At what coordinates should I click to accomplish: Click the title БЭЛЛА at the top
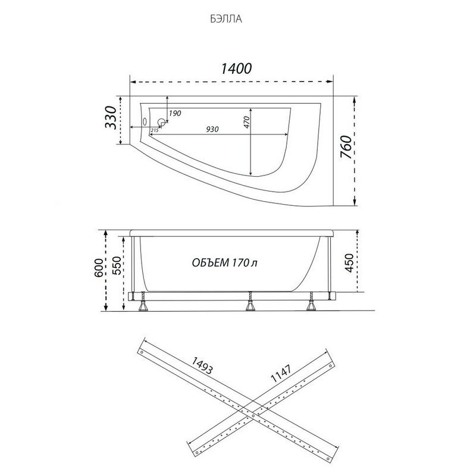(226, 19)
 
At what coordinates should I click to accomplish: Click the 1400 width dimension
(236, 68)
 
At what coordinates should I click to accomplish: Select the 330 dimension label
(111, 117)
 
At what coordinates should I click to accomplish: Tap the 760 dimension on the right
(346, 147)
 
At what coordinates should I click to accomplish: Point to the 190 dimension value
(175, 113)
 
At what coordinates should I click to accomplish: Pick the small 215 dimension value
(155, 130)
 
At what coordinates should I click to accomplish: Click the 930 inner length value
(212, 129)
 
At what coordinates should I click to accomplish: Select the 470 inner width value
(246, 123)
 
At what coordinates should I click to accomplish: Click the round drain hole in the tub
(162, 123)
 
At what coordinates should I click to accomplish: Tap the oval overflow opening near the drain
(145, 122)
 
